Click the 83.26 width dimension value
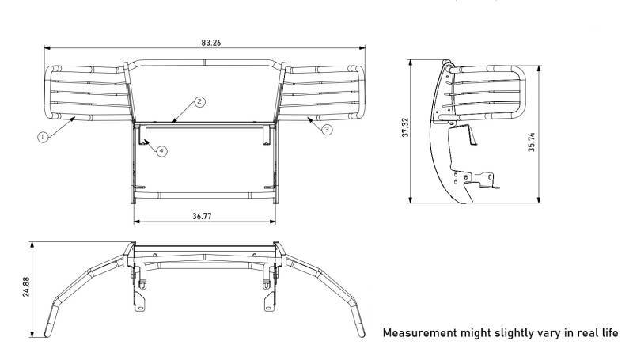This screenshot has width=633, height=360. (x=211, y=43)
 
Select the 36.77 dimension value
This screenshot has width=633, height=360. (x=202, y=216)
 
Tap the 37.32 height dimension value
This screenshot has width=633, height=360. (x=405, y=127)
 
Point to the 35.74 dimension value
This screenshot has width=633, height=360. (x=531, y=142)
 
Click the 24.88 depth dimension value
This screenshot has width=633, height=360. (x=26, y=286)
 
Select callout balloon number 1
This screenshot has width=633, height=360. (x=43, y=137)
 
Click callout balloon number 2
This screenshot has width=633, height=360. (x=199, y=102)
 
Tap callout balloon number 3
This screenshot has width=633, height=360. (x=327, y=130)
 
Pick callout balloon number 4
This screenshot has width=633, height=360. (x=161, y=151)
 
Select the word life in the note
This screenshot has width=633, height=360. (x=609, y=333)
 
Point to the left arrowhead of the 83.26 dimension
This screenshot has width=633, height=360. (x=47, y=48)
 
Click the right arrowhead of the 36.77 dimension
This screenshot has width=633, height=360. (x=273, y=222)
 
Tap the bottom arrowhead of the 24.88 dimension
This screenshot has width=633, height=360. (x=32, y=334)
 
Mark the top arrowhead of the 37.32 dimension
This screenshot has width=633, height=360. (x=411, y=63)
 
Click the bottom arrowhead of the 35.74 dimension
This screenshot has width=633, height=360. (x=540, y=199)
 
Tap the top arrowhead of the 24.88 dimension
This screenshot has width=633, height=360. (x=32, y=245)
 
